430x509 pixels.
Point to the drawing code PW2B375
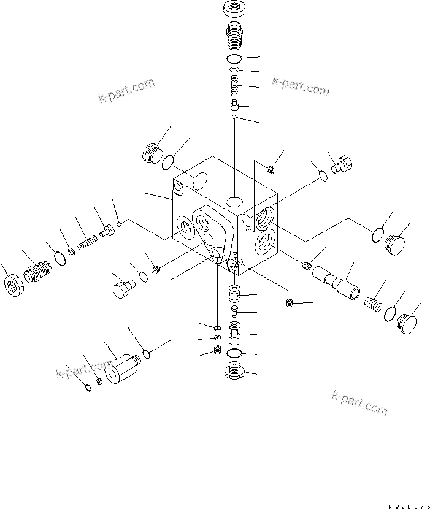pos(405,505)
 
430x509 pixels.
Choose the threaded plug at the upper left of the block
pos(150,153)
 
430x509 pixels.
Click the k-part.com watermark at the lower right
pos(360,402)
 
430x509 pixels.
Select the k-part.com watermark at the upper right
pos(301,86)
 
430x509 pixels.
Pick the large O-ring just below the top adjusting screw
pos(233,59)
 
